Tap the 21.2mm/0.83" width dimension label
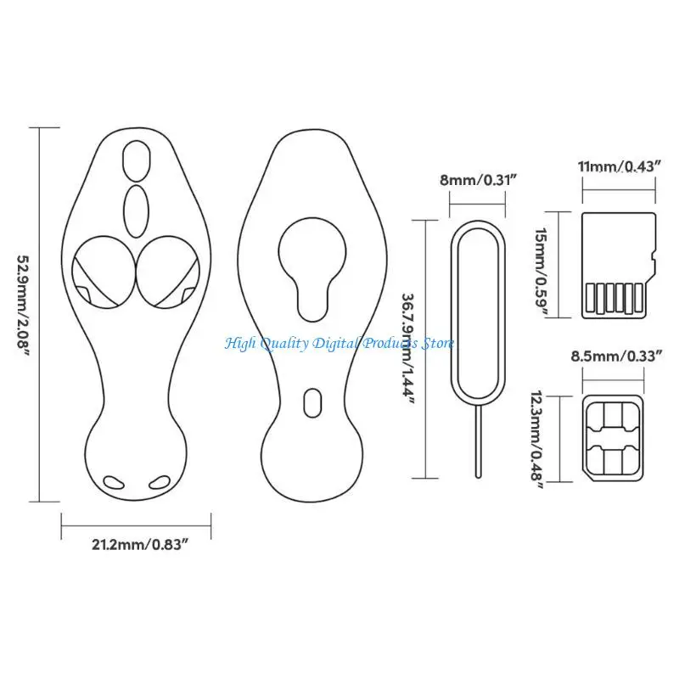(x=140, y=544)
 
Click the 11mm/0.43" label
(x=619, y=167)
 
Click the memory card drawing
(x=618, y=265)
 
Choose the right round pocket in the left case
(x=171, y=272)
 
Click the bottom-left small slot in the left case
(x=112, y=482)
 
